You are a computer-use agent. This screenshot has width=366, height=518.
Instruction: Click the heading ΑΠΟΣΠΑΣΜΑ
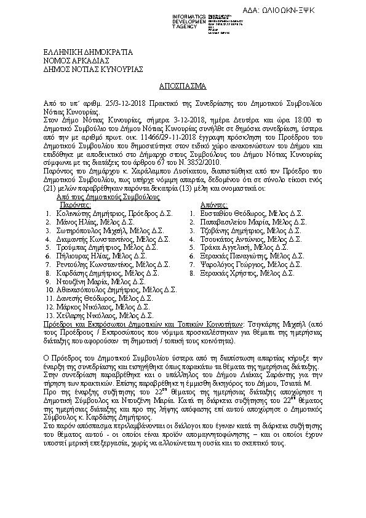183,85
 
